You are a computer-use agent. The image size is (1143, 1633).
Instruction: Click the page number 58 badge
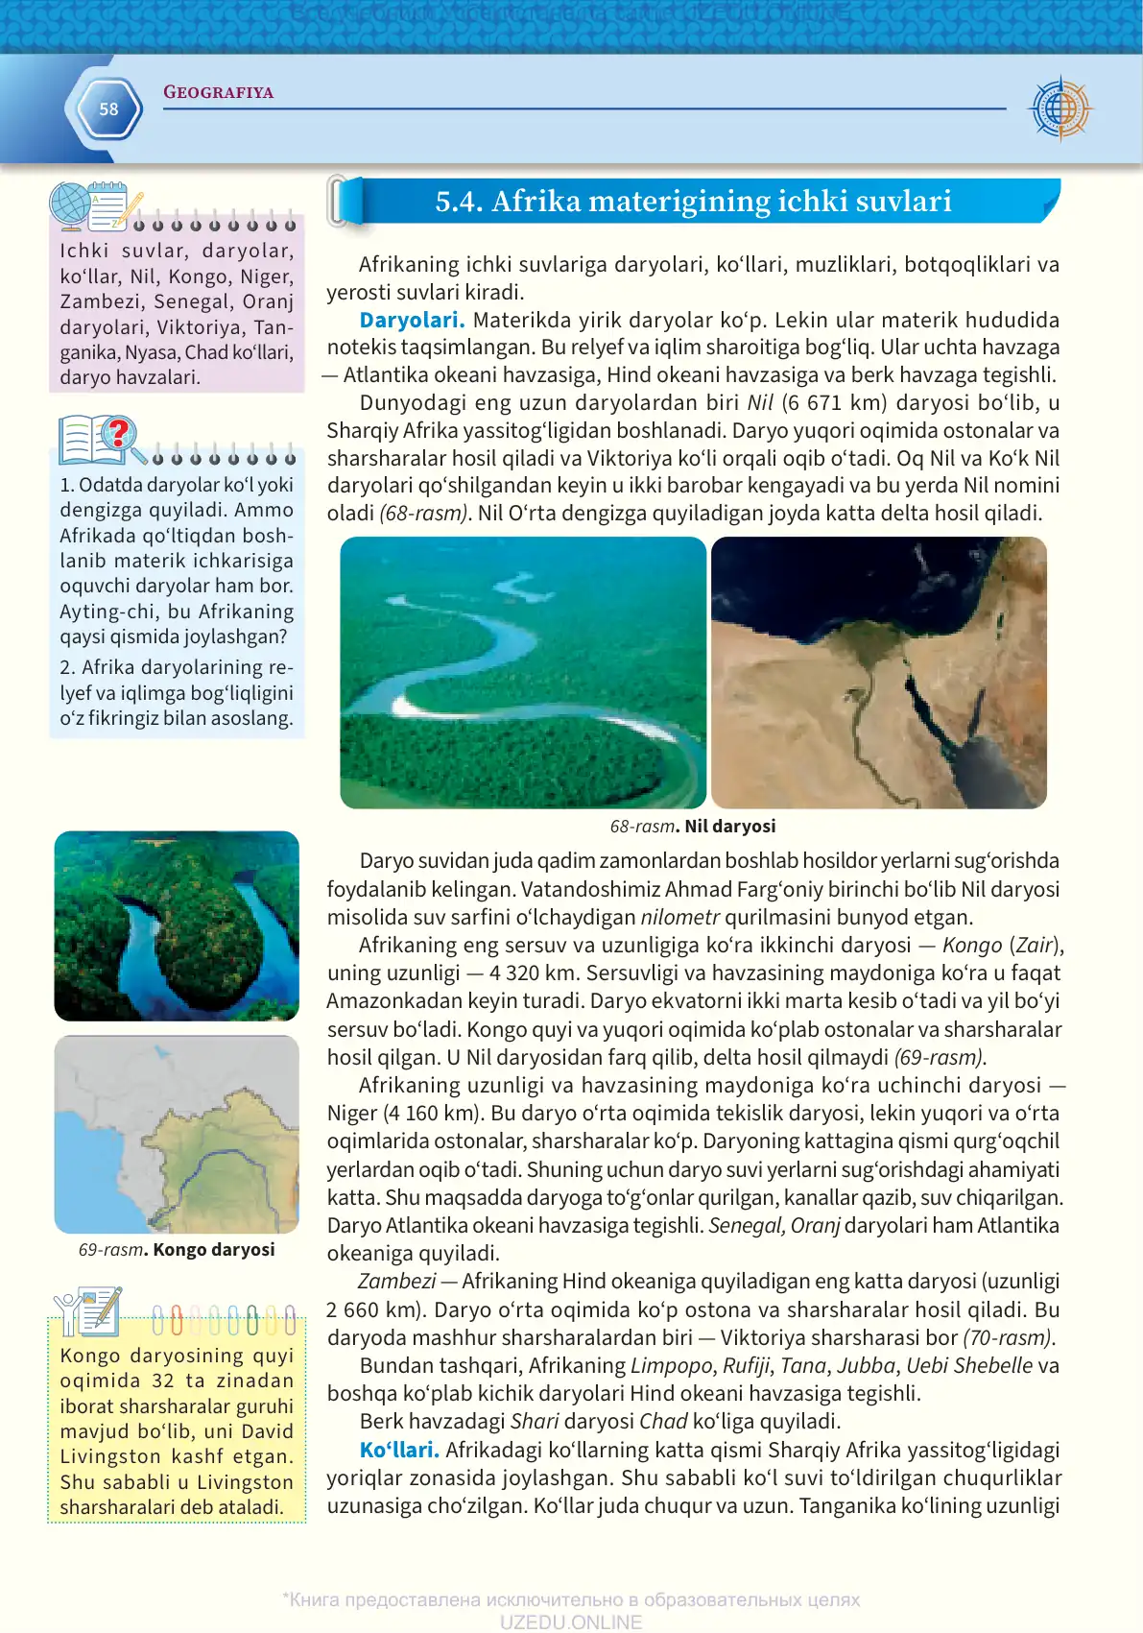tap(108, 109)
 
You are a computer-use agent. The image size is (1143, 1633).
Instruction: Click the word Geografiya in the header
tap(218, 92)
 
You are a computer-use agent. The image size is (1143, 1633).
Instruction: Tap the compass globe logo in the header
tap(1060, 108)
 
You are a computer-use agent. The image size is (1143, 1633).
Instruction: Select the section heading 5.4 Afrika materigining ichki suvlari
tap(693, 202)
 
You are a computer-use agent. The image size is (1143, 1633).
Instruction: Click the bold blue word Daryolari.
tap(412, 321)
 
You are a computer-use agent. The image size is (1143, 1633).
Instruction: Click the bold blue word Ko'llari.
tap(399, 1450)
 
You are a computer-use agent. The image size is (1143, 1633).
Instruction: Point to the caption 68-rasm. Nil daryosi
tap(693, 827)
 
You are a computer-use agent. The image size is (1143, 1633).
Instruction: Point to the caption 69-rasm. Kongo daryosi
tap(177, 1250)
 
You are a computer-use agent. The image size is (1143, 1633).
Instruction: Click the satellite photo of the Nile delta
tap(878, 672)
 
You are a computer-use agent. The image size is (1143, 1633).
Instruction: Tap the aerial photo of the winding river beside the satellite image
tap(523, 672)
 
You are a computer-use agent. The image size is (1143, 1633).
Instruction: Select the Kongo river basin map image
tap(177, 1134)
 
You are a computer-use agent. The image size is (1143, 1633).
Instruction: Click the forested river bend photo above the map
tap(177, 925)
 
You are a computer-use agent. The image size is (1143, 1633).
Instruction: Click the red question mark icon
tap(118, 434)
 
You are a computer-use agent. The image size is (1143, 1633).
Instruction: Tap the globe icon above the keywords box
tap(70, 204)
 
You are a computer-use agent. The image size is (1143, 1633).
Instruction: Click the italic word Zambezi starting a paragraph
tap(396, 1282)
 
